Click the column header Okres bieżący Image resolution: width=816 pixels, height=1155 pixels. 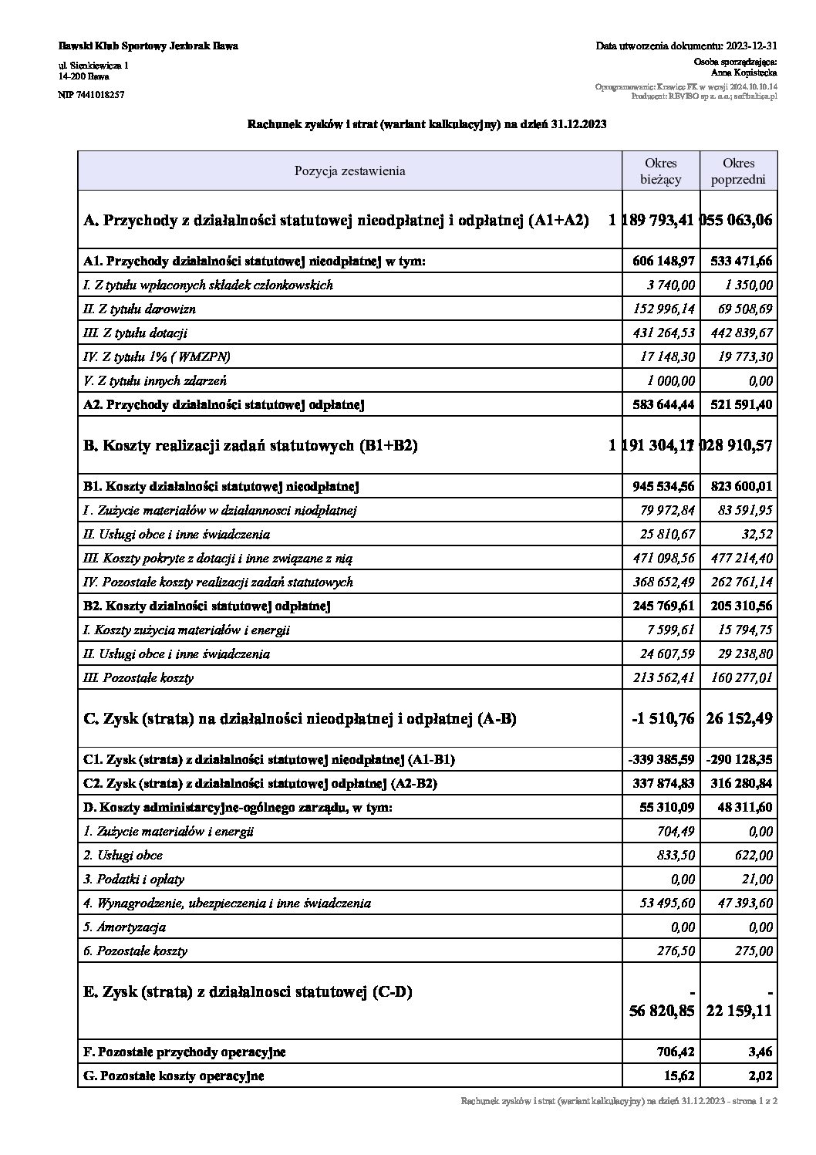coord(661,171)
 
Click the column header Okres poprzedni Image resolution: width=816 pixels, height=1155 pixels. coord(738,171)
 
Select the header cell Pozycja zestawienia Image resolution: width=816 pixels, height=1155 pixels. coord(349,171)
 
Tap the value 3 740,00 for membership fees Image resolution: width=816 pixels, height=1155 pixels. coord(671,285)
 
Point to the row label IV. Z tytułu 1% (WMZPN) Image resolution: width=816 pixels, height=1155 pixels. coord(157,356)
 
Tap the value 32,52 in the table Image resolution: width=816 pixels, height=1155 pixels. coord(756,534)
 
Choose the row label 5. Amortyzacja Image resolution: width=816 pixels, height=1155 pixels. coord(124,927)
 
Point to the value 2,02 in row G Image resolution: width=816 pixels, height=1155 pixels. coord(760,1076)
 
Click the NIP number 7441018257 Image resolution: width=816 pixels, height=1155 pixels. coord(91,94)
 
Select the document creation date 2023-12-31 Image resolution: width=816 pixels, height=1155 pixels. coord(752,46)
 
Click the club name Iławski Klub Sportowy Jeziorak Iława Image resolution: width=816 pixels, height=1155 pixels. coord(148,46)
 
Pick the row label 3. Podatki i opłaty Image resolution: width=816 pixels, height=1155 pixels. coord(134,879)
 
